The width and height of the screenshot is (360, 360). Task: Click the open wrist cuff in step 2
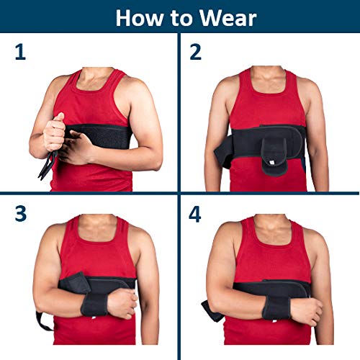coord(271,147)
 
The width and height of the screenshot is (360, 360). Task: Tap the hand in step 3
coord(123,303)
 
